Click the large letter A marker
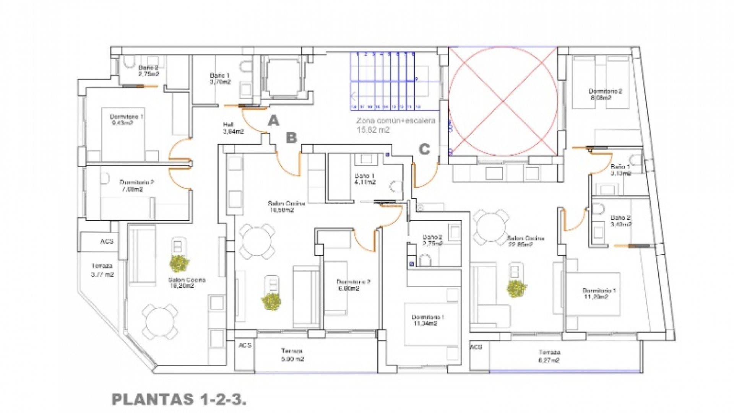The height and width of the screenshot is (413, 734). [x=273, y=121]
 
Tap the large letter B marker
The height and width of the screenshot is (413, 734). [x=291, y=138]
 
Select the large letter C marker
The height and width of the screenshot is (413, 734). [x=424, y=149]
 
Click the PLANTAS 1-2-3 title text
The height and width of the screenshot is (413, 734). [x=179, y=400]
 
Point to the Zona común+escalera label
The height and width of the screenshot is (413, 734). [x=395, y=125]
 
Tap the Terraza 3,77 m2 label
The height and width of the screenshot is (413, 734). [x=102, y=270]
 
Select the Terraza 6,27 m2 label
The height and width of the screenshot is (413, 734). [x=549, y=356]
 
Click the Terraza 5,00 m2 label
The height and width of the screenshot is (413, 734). [x=292, y=355]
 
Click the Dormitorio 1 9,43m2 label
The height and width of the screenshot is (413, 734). [x=126, y=120]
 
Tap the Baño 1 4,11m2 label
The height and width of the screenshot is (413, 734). [x=365, y=179]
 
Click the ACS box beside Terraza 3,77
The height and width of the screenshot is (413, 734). [x=107, y=241]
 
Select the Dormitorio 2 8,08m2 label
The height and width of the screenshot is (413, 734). [x=605, y=94]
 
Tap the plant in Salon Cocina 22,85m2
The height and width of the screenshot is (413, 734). [x=516, y=288]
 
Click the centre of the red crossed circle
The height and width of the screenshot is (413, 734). [x=503, y=101]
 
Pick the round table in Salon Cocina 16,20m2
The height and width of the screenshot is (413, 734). [x=160, y=320]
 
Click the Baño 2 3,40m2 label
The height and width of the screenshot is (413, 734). [x=620, y=221]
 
